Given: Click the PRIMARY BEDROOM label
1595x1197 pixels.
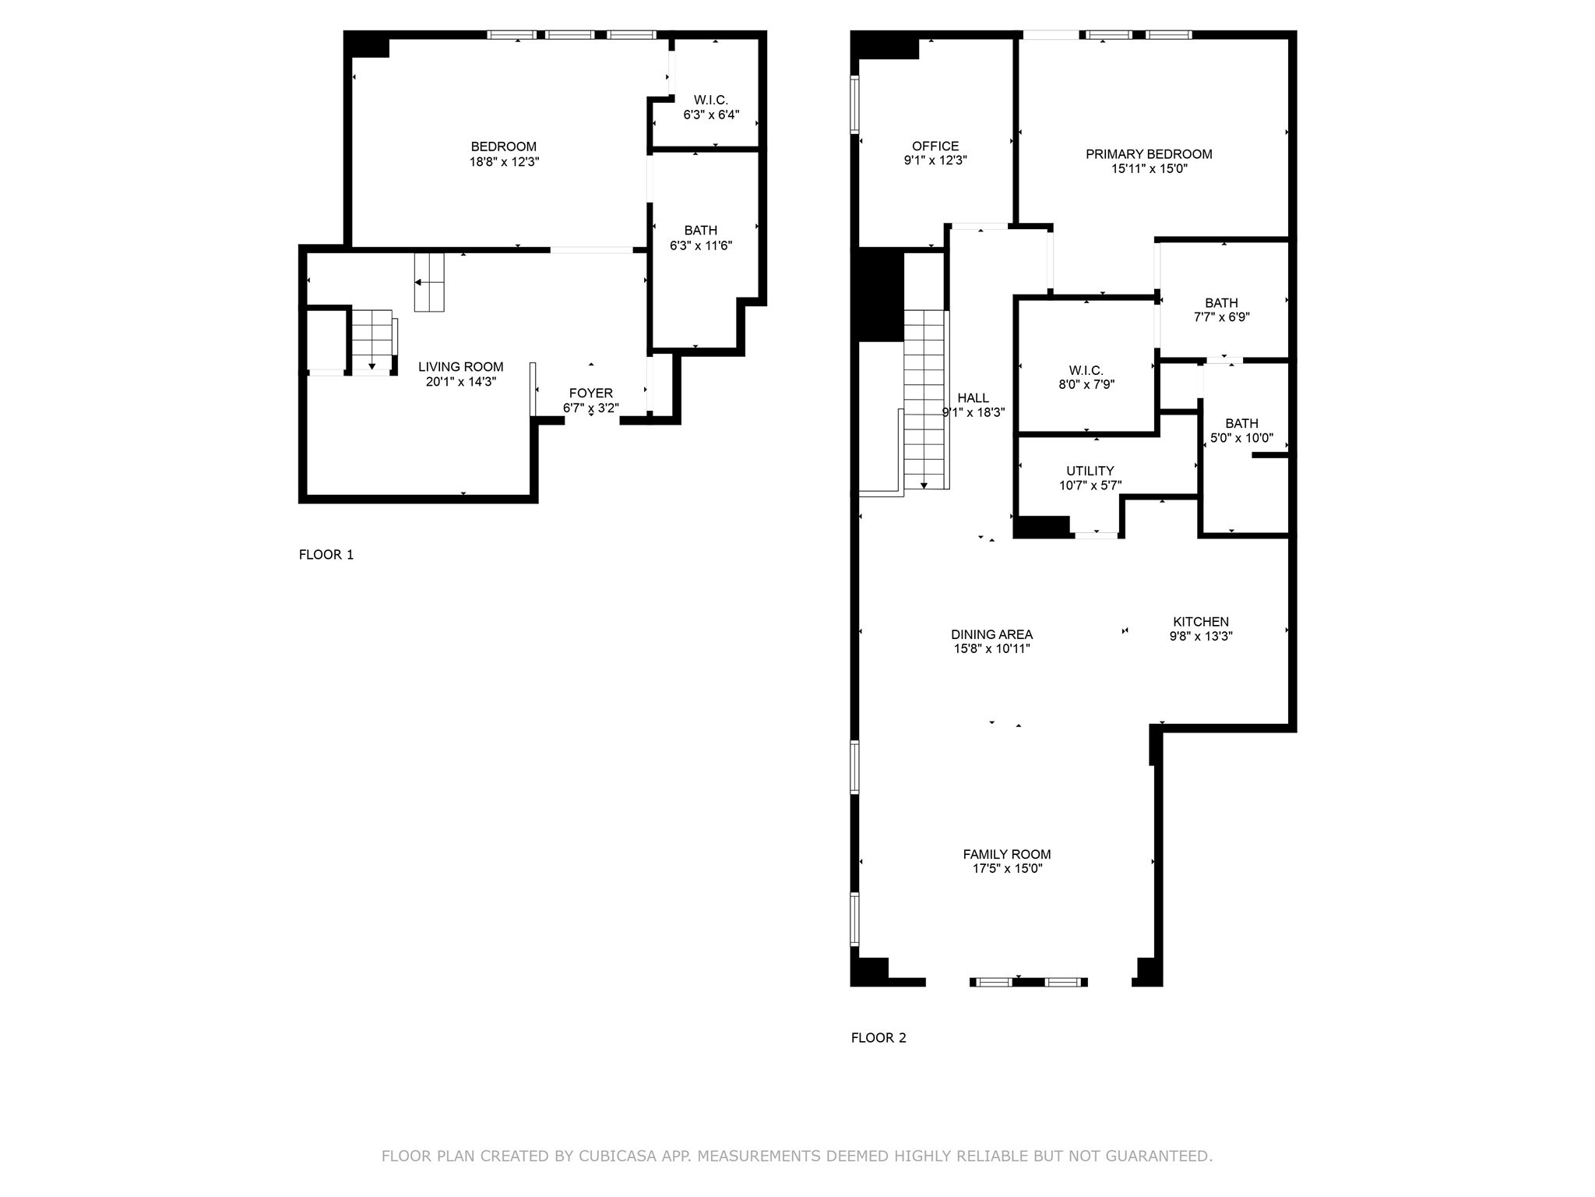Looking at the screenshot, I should (1149, 154).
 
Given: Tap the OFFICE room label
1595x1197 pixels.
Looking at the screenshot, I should (935, 147).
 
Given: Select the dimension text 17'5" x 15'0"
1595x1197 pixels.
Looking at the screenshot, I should (1007, 869).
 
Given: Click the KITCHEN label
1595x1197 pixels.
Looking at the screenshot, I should (1200, 622).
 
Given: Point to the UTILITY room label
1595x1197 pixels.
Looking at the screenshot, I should (1090, 471).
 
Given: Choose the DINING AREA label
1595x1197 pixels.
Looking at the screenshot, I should (991, 634).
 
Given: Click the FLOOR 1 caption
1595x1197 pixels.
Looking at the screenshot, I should (326, 555).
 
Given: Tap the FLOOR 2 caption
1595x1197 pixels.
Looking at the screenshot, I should (878, 1038).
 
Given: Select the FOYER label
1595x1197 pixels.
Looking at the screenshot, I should (590, 394).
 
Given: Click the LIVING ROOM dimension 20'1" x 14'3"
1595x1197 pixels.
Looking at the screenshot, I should (461, 382).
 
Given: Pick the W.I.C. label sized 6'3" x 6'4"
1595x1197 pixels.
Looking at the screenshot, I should (710, 101).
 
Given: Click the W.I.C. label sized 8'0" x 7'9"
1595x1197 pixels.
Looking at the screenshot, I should (1086, 371).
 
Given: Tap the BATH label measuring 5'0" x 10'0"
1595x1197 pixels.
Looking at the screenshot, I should (1241, 424).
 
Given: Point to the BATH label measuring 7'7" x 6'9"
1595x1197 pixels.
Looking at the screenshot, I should (1221, 303).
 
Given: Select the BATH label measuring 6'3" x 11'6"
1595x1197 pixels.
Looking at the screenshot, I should (700, 231).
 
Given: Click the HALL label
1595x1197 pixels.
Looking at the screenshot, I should (973, 398).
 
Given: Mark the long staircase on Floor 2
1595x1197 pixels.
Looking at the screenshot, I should (924, 397).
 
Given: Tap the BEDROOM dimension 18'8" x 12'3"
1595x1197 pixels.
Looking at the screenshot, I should (504, 162).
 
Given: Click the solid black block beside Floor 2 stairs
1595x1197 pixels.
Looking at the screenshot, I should (880, 295).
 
